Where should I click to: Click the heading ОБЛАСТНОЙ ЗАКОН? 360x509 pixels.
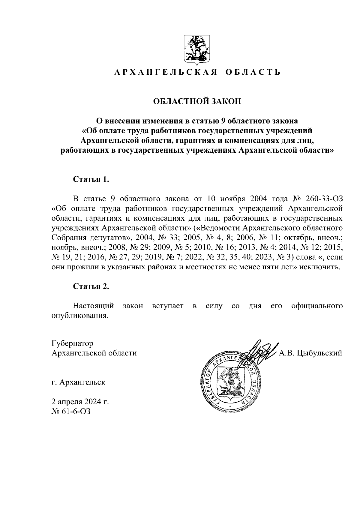[x=197, y=101]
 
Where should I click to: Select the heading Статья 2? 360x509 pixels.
[x=91, y=286]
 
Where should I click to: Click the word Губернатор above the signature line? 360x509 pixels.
[x=72, y=343]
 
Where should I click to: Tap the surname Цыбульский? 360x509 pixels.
[x=319, y=353]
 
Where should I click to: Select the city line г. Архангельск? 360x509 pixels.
[x=78, y=382]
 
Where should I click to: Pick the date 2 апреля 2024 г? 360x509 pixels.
[x=80, y=402]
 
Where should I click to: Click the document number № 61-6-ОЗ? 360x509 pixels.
[x=71, y=411]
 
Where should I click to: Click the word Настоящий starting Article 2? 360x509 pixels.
[x=94, y=306]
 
